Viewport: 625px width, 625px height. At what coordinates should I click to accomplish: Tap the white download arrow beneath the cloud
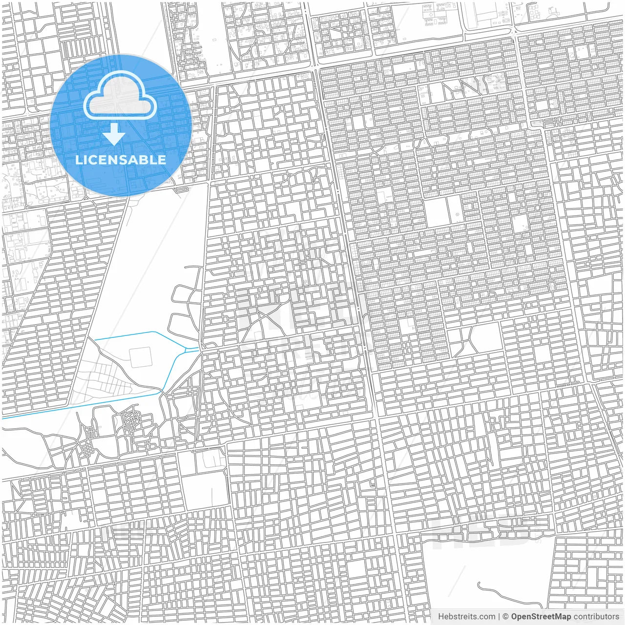(114, 134)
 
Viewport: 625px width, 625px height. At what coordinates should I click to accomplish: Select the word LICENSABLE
(120, 160)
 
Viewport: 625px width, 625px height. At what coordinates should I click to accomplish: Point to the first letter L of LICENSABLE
(78, 160)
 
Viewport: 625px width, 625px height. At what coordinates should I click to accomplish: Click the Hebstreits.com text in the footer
(466, 617)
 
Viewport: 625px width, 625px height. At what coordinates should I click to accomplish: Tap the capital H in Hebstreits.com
(441, 617)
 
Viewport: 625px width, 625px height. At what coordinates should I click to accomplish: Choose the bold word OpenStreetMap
(541, 617)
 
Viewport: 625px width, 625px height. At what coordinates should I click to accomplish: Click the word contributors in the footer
(596, 617)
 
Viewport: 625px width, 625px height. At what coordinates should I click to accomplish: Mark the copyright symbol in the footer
(506, 617)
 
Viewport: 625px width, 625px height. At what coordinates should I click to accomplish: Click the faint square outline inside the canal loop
(140, 357)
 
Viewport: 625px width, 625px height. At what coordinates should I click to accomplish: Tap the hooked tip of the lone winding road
(479, 584)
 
